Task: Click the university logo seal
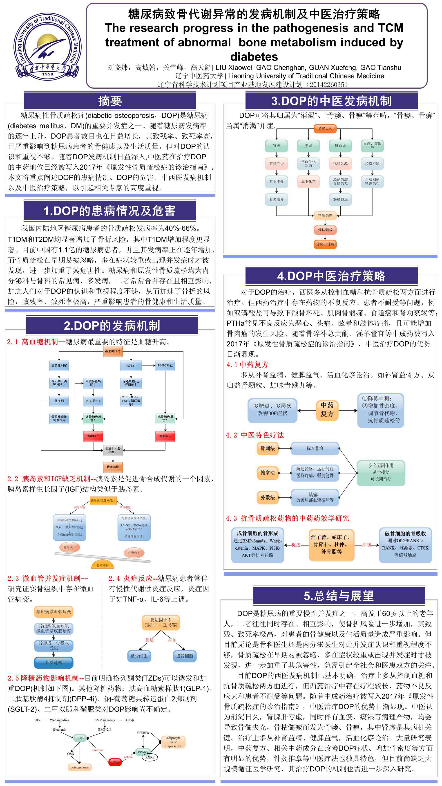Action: coord(48,46)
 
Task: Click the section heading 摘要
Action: coord(110,101)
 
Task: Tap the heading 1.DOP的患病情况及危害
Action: coord(109,211)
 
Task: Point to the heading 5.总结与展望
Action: coord(339,595)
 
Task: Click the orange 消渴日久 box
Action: coord(325,128)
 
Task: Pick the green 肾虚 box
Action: coord(276,146)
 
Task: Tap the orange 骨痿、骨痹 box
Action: coord(325,244)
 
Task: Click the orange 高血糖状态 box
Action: coord(113,351)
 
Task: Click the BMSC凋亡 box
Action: coord(165,365)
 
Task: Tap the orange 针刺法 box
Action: coord(268,448)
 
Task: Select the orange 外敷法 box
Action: coord(268,497)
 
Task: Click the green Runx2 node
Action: coord(80,738)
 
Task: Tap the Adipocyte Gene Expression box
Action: coord(173,742)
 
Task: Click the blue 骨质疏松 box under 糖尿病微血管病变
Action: coord(54,662)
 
